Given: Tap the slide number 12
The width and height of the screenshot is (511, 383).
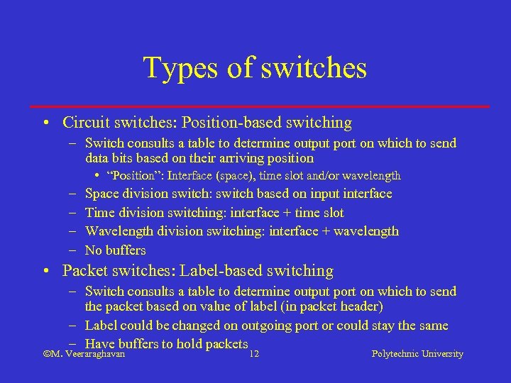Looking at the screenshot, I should [x=254, y=354].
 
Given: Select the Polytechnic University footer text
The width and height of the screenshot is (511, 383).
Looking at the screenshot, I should [x=417, y=354].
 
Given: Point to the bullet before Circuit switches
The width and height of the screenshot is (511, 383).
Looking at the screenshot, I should [x=45, y=123].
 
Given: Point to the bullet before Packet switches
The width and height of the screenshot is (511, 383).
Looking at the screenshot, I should [x=45, y=271].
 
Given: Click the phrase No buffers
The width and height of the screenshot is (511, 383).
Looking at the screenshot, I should [x=115, y=250].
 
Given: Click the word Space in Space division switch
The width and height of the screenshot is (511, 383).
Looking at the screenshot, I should [x=101, y=194].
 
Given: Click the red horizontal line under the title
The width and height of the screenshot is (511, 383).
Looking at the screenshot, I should [x=262, y=106].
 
